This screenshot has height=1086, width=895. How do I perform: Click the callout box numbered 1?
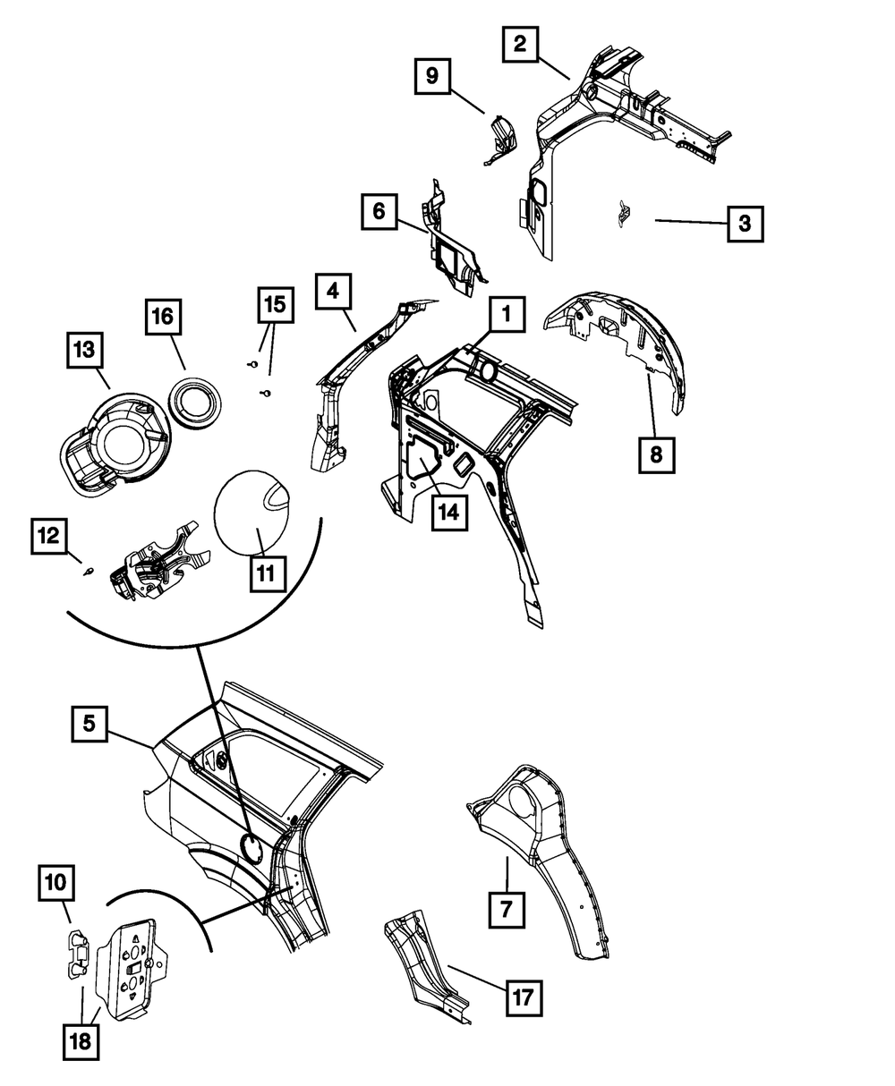[x=506, y=315]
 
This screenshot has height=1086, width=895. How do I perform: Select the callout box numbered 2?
[x=520, y=44]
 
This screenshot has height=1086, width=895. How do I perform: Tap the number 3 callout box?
[x=745, y=223]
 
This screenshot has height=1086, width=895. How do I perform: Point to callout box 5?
[x=90, y=723]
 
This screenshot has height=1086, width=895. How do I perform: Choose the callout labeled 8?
[x=656, y=454]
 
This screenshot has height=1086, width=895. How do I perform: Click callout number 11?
[x=266, y=573]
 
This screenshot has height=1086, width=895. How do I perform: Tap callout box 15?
[x=276, y=306]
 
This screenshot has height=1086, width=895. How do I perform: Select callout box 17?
[x=526, y=997]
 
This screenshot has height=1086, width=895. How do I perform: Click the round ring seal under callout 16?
[x=198, y=399]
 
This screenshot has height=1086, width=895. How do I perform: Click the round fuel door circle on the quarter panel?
[x=251, y=845]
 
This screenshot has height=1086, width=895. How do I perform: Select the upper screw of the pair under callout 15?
[x=253, y=364]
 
